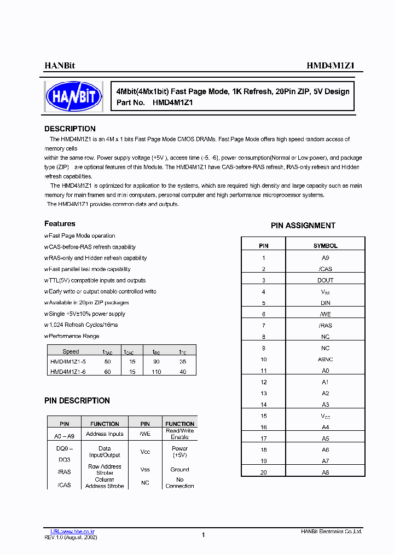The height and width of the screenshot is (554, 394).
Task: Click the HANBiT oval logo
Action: (x=74, y=96)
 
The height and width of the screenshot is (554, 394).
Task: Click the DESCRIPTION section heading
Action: (x=70, y=129)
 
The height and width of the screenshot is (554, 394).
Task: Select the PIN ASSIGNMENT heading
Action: (x=303, y=226)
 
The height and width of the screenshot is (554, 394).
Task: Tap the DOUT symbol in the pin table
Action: (x=326, y=280)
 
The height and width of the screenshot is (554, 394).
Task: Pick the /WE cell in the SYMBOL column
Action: (x=326, y=314)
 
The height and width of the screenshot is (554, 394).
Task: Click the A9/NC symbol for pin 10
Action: (x=326, y=360)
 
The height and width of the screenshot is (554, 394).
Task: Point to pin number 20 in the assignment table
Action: (x=264, y=472)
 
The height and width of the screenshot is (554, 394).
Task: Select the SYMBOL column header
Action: (x=326, y=246)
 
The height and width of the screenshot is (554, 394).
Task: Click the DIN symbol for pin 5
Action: (x=326, y=303)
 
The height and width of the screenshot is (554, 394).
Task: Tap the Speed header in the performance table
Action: (x=71, y=352)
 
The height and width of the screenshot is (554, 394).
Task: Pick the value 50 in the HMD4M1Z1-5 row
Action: (x=107, y=362)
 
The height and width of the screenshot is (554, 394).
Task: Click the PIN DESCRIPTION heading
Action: (x=77, y=401)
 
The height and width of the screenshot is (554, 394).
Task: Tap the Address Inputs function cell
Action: (x=105, y=434)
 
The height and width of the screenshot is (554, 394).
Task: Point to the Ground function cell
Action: (x=179, y=470)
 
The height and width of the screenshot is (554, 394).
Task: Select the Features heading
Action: (x=60, y=224)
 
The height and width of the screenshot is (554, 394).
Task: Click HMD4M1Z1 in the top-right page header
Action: (x=331, y=65)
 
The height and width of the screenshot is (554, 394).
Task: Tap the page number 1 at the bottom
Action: (x=203, y=535)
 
